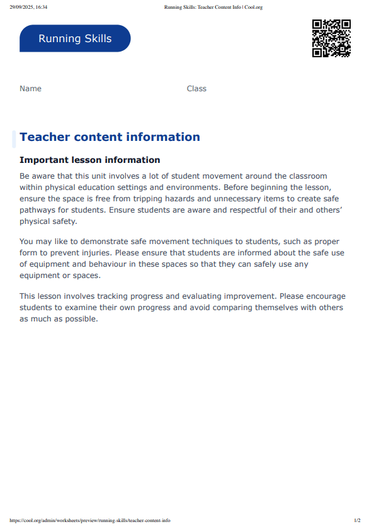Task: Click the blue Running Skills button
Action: point(75,38)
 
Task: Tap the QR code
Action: point(331,38)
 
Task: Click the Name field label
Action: point(30,89)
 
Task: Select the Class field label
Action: point(196,89)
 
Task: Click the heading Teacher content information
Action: point(110,137)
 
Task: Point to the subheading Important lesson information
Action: point(90,160)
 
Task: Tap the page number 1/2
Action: point(357,520)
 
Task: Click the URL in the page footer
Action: point(90,520)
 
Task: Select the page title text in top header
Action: point(213,8)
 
